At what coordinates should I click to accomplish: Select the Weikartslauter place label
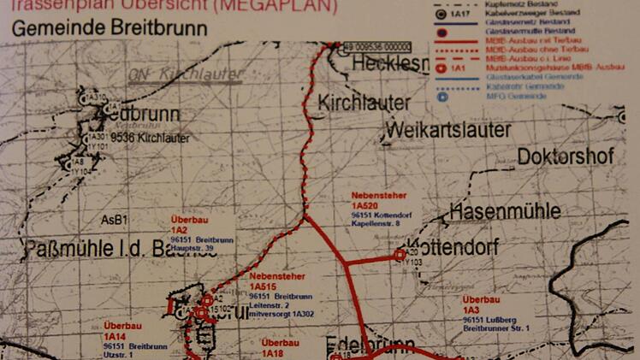[x=448, y=129]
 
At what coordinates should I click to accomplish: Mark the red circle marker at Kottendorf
[x=400, y=253]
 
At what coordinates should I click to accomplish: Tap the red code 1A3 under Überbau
[x=471, y=310]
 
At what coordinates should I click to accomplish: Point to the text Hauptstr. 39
[x=192, y=248]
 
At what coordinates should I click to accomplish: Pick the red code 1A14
[x=115, y=336]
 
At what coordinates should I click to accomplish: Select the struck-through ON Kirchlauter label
[x=185, y=74]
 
